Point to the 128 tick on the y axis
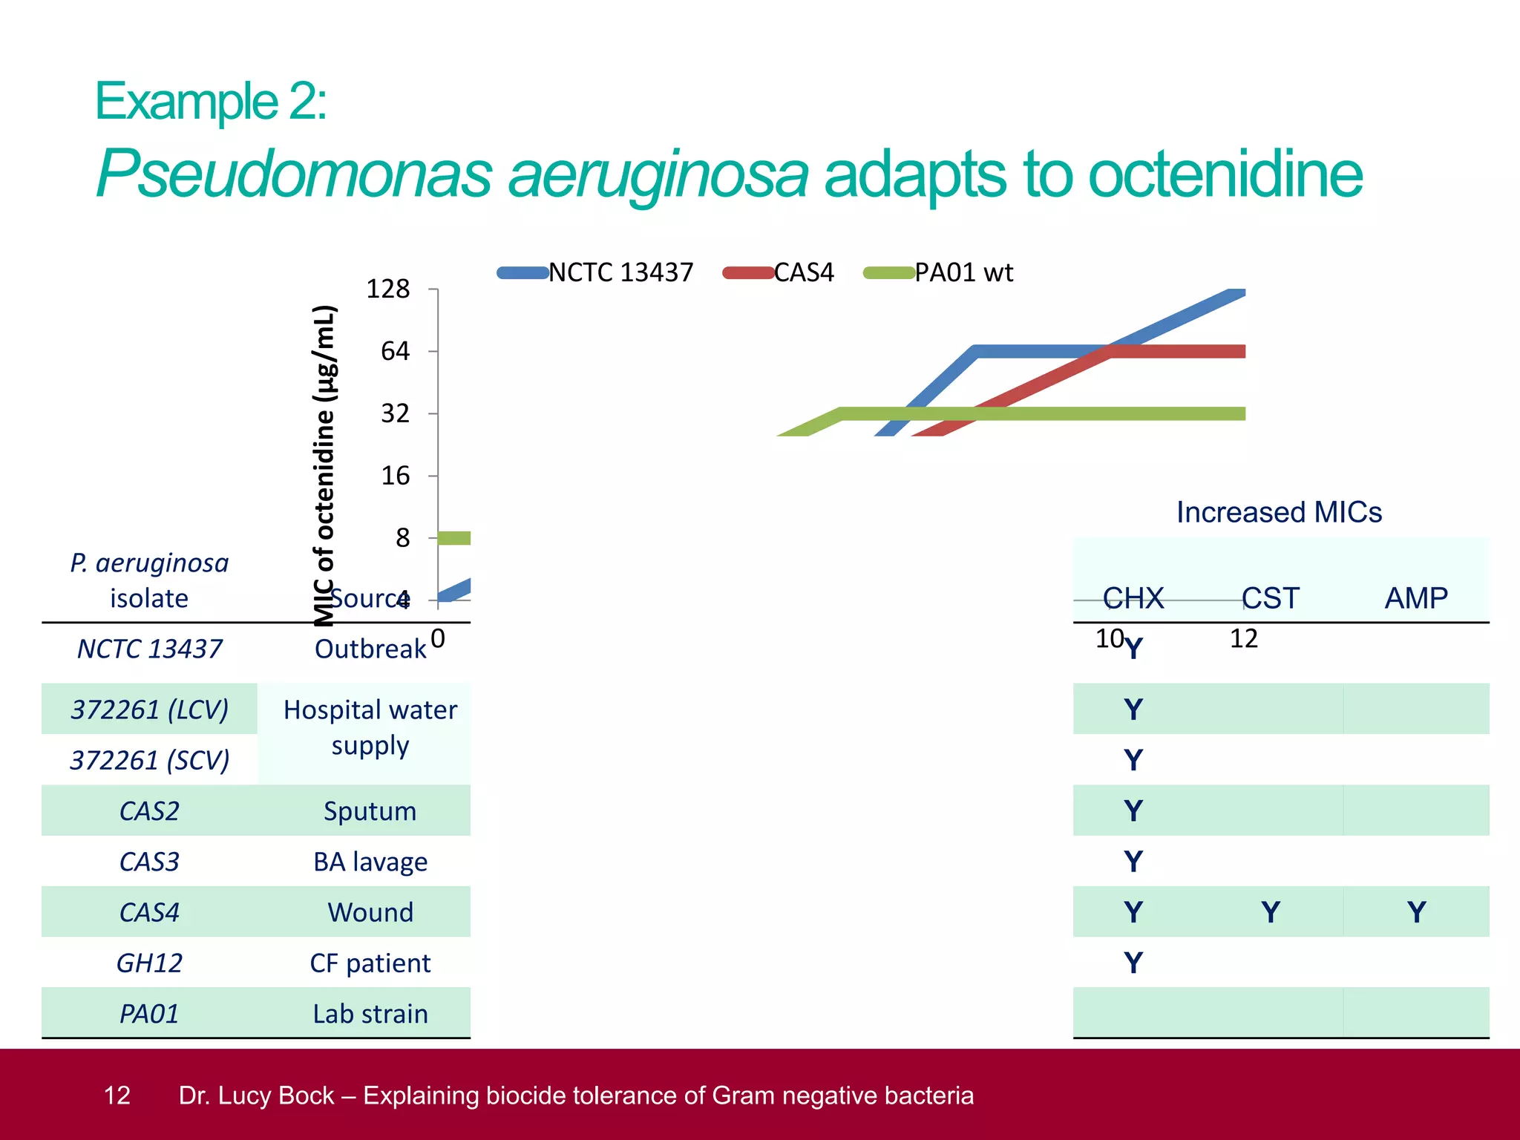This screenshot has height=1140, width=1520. click(x=388, y=289)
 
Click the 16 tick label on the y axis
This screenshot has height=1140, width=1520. click(x=396, y=476)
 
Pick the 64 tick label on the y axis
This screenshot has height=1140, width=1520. click(x=396, y=351)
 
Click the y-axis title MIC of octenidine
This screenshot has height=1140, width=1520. click(x=325, y=465)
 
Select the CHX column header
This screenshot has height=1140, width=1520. click(x=1133, y=598)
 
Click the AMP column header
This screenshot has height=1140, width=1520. click(x=1415, y=598)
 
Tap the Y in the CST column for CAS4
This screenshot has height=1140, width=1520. click(x=1270, y=912)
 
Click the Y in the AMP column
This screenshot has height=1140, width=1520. click(x=1416, y=912)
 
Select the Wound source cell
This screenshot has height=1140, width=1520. click(x=370, y=912)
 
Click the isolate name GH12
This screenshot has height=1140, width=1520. click(x=149, y=963)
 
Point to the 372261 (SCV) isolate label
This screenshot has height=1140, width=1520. click(x=149, y=761)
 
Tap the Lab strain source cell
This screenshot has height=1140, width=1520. click(x=370, y=1014)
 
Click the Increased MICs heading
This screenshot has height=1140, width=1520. click(x=1279, y=513)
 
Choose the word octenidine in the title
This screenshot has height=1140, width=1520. click(x=1225, y=174)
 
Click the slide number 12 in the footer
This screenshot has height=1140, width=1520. click(x=117, y=1095)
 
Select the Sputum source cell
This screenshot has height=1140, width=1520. click(x=370, y=811)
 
